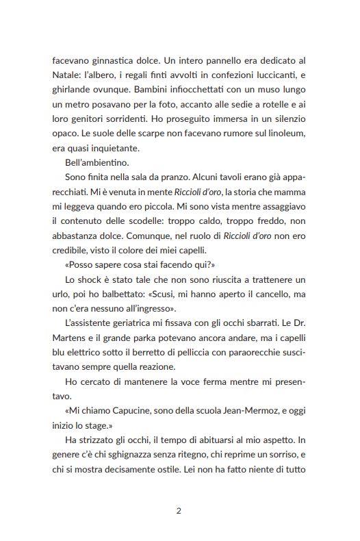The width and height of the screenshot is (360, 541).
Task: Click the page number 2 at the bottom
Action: pos(179,510)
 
